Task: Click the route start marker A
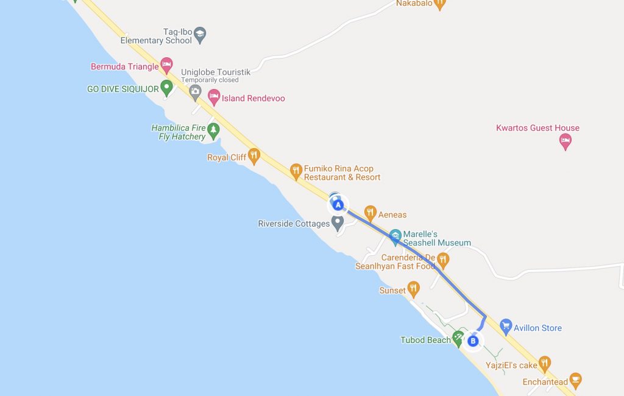(338, 205)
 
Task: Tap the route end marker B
(473, 341)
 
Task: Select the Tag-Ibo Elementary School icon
(200, 34)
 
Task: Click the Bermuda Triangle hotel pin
(166, 66)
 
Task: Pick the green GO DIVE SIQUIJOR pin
(166, 88)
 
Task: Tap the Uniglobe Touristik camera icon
(195, 93)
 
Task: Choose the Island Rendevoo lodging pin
(213, 96)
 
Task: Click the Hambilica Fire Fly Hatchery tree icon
(213, 129)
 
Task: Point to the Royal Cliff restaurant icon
(253, 156)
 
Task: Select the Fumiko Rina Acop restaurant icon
(296, 171)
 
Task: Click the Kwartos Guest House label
(537, 128)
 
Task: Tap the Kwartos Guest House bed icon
(565, 142)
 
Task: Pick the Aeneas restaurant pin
(370, 213)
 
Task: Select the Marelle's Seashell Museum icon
(395, 235)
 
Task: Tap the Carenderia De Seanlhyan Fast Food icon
(443, 260)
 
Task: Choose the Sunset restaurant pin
(414, 289)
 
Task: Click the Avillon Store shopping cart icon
(505, 327)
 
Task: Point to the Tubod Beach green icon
(458, 338)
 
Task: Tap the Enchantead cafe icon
(575, 381)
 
